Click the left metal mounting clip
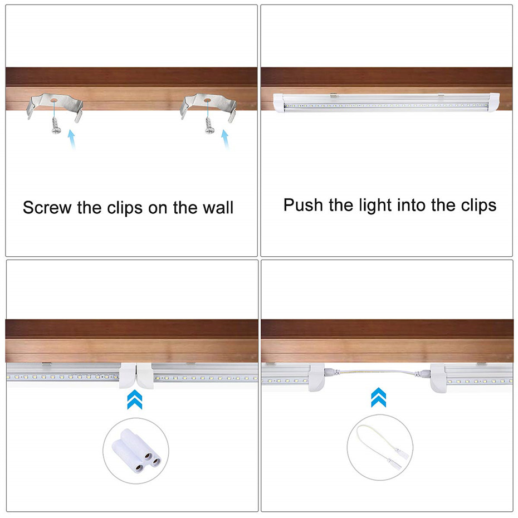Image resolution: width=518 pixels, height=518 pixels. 55,103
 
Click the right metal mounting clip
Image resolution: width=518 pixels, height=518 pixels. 208,103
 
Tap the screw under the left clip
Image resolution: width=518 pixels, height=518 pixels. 56,125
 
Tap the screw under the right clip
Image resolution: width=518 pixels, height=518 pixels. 209,125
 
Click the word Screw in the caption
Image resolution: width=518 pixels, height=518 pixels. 47,208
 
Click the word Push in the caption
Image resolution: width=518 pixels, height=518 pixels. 303,205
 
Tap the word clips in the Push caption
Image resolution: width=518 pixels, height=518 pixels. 478,206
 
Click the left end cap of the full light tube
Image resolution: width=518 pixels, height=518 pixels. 278,103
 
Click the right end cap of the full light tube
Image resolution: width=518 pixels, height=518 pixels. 493,102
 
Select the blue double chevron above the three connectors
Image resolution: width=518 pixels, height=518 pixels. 135,399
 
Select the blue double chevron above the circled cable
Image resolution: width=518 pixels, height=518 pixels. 379,398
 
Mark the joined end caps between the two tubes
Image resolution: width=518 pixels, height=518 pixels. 136,375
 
